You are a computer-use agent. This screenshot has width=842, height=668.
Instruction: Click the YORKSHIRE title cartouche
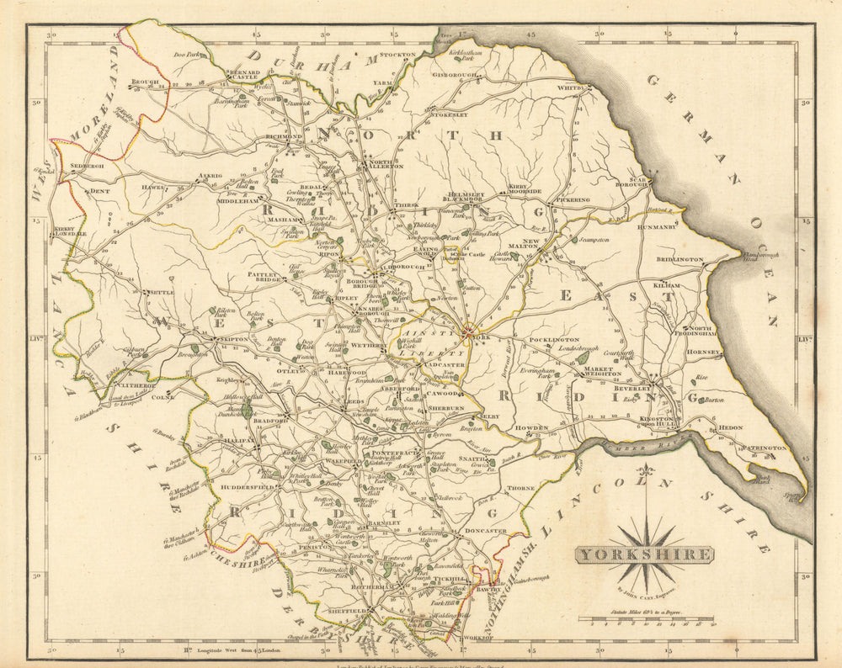click(x=644, y=554)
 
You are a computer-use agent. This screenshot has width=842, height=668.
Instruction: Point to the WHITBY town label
click(x=570, y=87)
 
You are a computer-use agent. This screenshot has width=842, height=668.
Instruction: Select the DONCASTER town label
click(x=485, y=531)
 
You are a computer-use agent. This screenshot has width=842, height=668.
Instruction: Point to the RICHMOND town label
click(x=284, y=136)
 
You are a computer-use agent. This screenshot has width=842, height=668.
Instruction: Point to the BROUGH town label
click(x=145, y=82)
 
